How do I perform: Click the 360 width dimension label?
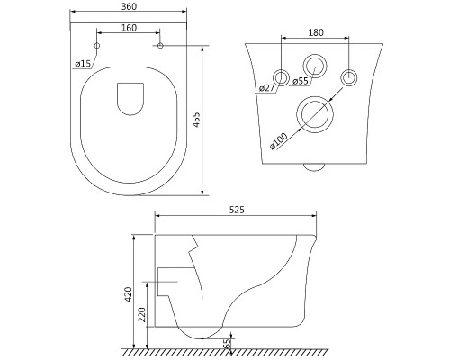[130, 6]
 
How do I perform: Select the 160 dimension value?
[130, 28]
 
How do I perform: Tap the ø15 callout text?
[83, 64]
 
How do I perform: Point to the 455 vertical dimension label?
[196, 120]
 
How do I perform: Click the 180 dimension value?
[316, 32]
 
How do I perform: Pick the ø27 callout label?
[266, 88]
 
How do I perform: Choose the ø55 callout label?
[301, 81]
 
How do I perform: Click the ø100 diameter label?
[279, 141]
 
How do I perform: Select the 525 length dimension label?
[237, 210]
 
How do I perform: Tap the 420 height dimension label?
[129, 294]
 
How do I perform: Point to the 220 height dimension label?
[142, 314]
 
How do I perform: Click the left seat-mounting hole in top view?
[97, 46]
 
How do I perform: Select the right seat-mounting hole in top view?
[160, 46]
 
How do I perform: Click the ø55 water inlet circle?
[314, 55]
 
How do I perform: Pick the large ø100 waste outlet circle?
[315, 97]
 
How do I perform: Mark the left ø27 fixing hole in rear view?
[281, 70]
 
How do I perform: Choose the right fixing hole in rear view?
[349, 70]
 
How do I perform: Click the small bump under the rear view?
[314, 171]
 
